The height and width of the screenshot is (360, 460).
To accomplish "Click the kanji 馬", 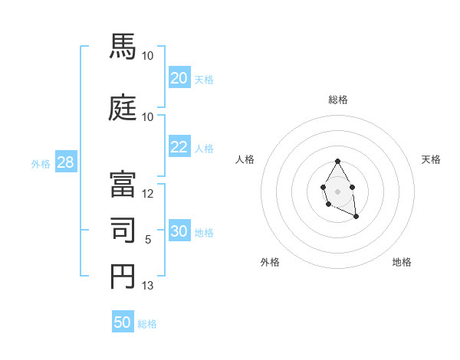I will click(123, 47).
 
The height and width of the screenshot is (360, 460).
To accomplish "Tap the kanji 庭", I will click(123, 108).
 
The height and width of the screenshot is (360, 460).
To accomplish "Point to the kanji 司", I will click(123, 231).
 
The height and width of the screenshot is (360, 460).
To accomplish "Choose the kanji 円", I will click(123, 277).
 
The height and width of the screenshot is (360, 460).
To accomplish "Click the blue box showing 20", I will click(179, 78).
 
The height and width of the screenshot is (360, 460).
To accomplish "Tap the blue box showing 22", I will click(179, 147).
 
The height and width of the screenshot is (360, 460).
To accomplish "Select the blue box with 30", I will click(179, 232).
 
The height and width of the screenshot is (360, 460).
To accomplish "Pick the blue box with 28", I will click(65, 162).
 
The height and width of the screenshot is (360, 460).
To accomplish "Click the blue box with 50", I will click(123, 322).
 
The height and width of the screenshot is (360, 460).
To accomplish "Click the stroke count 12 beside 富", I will click(148, 194).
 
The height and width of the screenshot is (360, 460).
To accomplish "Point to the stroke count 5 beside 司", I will click(148, 240).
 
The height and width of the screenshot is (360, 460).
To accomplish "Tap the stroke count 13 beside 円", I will click(148, 286).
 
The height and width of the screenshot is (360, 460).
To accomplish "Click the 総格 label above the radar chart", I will click(338, 100).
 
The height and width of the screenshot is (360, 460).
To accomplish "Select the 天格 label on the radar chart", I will click(431, 159).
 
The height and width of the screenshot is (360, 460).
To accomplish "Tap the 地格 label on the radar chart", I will click(402, 262).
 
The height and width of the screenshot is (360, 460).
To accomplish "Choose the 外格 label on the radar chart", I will click(270, 262).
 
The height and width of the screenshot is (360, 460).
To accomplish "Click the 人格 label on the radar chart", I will click(245, 159).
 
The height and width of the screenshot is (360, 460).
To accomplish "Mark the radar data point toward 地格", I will click(356, 217).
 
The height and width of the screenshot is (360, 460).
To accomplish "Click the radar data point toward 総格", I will click(338, 161).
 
